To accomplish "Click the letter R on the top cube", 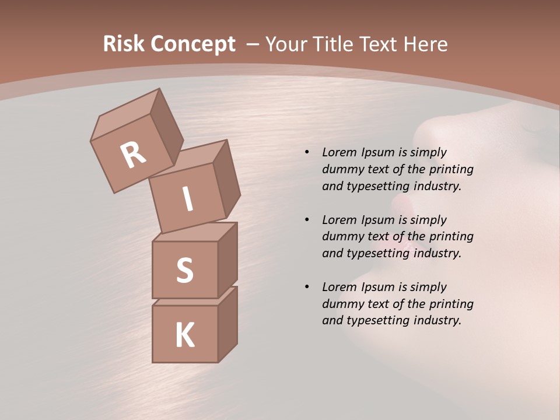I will pyautogui.click(x=133, y=155).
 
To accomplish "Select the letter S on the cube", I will pyautogui.click(x=184, y=270).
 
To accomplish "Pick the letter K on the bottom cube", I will pyautogui.click(x=184, y=335).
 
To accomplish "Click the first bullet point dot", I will pyautogui.click(x=306, y=153).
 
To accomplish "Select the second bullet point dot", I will pyautogui.click(x=306, y=220).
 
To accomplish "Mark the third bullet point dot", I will pyautogui.click(x=306, y=287).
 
